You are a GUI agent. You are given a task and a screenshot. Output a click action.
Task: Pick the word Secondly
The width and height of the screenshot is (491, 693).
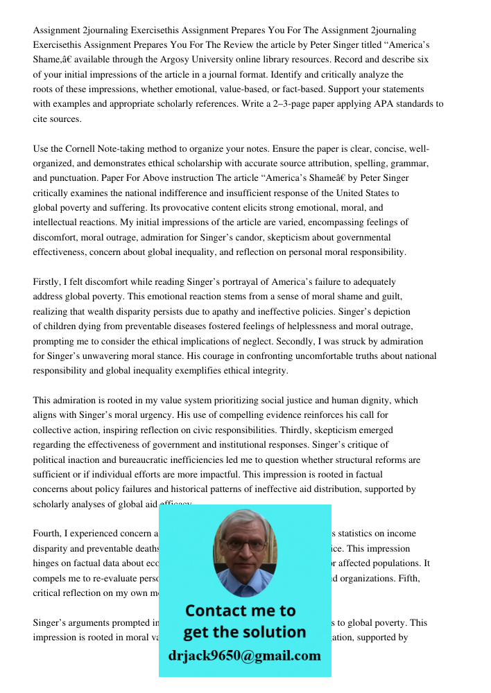[298, 341]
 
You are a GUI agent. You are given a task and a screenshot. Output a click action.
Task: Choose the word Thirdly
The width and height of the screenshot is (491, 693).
[321, 430]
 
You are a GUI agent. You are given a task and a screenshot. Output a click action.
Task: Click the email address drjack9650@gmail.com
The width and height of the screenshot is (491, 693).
[245, 656]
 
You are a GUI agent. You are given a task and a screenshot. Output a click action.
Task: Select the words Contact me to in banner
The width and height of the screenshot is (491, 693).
[240, 611]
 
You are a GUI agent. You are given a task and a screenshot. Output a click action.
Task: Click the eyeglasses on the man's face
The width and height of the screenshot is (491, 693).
[244, 545]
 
